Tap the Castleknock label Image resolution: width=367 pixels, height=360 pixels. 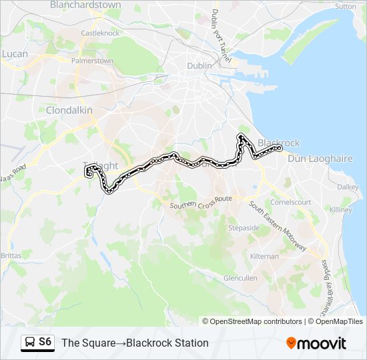tap(99, 33)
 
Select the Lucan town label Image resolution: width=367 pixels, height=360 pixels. tap(15, 53)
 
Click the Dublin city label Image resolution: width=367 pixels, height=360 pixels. tap(200, 65)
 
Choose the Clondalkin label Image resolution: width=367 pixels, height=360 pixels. tap(69, 110)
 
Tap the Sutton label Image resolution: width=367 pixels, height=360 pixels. tap(346, 6)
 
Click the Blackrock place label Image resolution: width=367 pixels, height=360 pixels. tap(278, 143)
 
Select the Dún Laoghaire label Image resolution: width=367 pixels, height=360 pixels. tap(310, 159)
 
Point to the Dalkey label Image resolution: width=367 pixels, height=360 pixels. tap(347, 187)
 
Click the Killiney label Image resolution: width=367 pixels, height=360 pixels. tap(340, 209)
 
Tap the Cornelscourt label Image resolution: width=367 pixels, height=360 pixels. tap(290, 201)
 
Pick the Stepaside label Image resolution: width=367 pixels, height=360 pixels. tap(244, 227)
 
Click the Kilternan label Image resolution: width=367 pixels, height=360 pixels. tap(265, 256)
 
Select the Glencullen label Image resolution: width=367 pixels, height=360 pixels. tap(240, 278)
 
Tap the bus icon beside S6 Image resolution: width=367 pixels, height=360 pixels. tap(30, 343)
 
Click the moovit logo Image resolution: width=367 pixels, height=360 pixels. tap(316, 343)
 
